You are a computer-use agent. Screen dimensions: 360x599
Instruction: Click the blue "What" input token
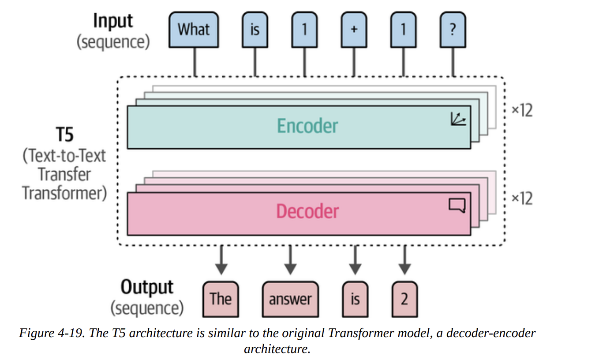point(194,30)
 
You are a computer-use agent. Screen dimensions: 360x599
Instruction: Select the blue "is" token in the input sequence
point(255,30)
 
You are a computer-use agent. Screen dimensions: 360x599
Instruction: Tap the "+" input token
point(353,30)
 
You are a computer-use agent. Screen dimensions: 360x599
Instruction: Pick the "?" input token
point(453,30)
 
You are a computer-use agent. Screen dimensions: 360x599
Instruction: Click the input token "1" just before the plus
point(304,30)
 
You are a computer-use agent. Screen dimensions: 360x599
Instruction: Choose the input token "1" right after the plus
point(403,30)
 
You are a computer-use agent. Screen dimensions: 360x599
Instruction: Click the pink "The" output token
point(221,300)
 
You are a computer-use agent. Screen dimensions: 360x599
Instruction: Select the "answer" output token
point(290,300)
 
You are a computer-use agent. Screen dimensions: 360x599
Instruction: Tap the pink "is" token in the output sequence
point(355,300)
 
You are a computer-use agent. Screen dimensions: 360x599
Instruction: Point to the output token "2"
point(404,300)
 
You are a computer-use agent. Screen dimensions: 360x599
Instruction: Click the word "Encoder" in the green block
point(307,126)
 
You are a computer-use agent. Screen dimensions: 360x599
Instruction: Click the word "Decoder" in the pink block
point(307,211)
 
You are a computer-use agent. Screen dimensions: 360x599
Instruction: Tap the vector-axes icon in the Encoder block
point(457,119)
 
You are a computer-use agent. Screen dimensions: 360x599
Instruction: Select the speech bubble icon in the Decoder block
point(457,205)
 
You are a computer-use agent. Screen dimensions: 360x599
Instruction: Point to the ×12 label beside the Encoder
point(521,110)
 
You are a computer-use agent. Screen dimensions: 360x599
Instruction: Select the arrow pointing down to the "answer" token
point(290,260)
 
